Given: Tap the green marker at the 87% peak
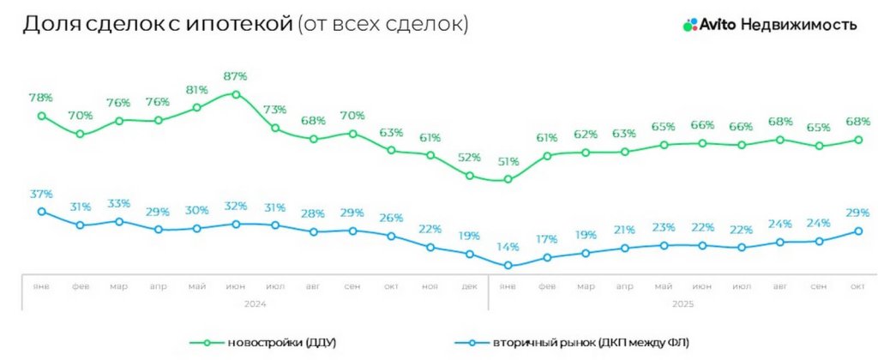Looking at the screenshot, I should pos(236,94).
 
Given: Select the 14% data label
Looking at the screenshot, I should pos(508,249).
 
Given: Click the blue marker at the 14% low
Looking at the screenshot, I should pos(508,266).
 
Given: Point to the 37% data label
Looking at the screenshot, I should pos(40,194).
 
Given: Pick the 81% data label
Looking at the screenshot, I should pos(196,90).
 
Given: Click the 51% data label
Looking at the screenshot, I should pos(508,161).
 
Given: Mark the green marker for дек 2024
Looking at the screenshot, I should pos(469,176).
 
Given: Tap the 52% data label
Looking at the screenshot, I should pos(469,158).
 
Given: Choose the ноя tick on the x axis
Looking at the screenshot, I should pos(430,286).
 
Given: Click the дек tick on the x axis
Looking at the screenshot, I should pos(469,286).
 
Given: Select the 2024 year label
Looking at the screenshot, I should pos(255,303).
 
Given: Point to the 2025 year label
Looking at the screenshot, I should pos(683,303).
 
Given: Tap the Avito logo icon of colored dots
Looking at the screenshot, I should pos(689,26).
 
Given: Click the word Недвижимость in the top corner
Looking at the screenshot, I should pos(798,25).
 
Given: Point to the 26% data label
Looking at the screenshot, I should pos(391,218).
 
